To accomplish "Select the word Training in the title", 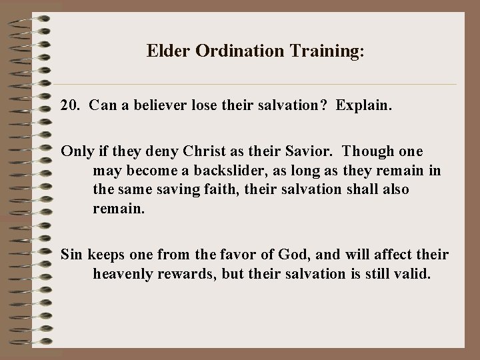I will (x=322, y=51).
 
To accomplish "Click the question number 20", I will (x=70, y=105).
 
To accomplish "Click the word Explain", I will (x=363, y=105).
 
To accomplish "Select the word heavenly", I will (x=124, y=273).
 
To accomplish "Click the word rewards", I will (x=190, y=273).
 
